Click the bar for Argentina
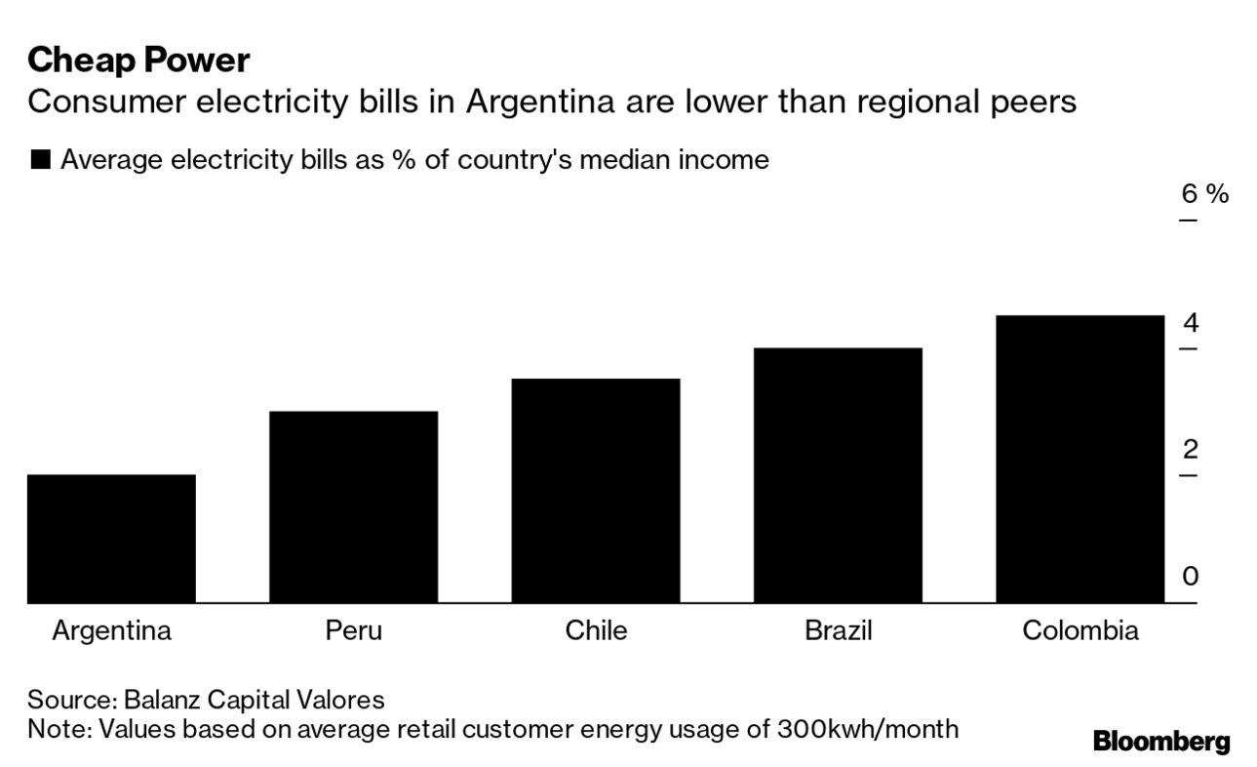[x=111, y=539]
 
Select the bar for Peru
[x=353, y=506]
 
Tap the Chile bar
[x=595, y=490]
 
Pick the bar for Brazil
[x=838, y=475]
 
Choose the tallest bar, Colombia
[x=1080, y=459]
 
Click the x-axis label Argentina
[x=111, y=630]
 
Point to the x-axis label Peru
[x=353, y=630]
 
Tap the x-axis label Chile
[x=596, y=630]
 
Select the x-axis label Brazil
[x=838, y=630]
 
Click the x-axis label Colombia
[x=1080, y=630]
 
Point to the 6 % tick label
[x=1204, y=194]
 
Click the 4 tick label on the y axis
[x=1190, y=323]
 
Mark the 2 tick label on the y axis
[x=1190, y=450]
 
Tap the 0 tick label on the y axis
[x=1190, y=577]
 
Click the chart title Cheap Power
[x=138, y=61]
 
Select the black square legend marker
[x=40, y=160]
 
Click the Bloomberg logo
[x=1160, y=742]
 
